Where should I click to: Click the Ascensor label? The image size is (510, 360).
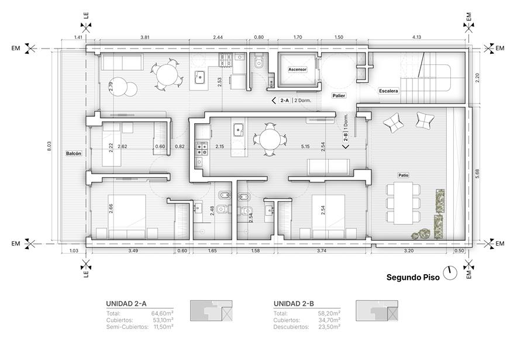pyautogui.click(x=297, y=70)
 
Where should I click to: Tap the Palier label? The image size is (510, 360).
pyautogui.click(x=339, y=95)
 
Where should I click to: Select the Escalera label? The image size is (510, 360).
pyautogui.click(x=388, y=91)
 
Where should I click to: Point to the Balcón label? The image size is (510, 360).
pyautogui.click(x=74, y=153)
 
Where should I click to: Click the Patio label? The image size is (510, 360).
pyautogui.click(x=404, y=175)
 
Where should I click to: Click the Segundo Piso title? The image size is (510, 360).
pyautogui.click(x=413, y=277)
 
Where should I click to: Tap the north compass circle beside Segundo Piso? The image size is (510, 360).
pyautogui.click(x=451, y=274)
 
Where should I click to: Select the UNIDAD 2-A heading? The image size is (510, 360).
pyautogui.click(x=126, y=304)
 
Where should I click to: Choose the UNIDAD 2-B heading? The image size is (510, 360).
pyautogui.click(x=294, y=304)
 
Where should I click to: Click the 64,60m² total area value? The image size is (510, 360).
pyautogui.click(x=163, y=313)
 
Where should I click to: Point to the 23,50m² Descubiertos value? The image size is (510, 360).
pyautogui.click(x=329, y=327)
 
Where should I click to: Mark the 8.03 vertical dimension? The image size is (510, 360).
pyautogui.click(x=50, y=146)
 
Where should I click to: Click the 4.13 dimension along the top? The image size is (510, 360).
pyautogui.click(x=416, y=37)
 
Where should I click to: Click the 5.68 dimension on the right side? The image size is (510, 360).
pyautogui.click(x=477, y=175)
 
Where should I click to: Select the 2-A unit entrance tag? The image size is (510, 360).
pyautogui.click(x=285, y=101)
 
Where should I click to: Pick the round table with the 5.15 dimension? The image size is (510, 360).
pyautogui.click(x=270, y=140)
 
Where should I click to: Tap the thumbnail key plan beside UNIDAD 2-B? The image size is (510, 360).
pyautogui.click(x=377, y=311)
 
